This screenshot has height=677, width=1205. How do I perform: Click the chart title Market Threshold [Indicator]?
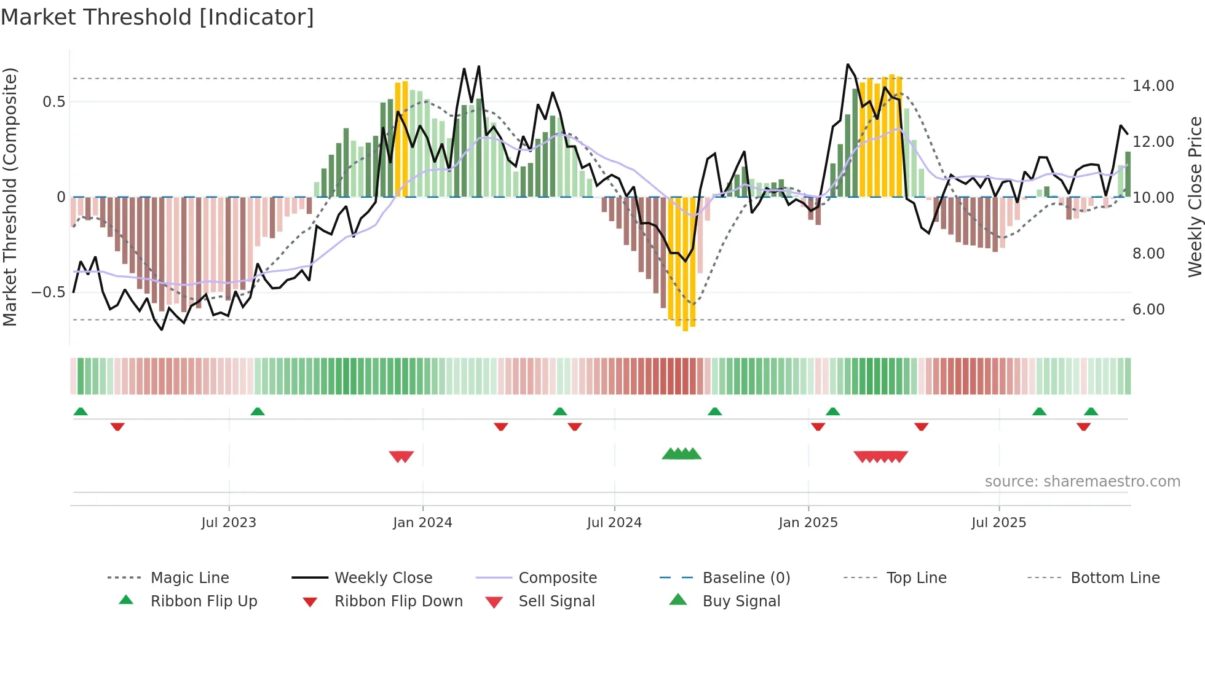157,17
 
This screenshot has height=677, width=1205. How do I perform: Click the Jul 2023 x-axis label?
229,523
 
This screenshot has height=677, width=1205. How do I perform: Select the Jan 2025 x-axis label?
808,523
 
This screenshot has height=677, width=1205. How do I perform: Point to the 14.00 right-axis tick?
1153,86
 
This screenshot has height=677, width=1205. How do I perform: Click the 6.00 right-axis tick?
1148,310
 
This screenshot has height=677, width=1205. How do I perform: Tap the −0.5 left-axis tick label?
49,292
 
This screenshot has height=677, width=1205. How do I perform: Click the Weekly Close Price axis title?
1195,197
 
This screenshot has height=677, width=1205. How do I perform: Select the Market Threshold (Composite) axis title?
10,197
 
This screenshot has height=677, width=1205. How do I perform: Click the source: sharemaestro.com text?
1082,482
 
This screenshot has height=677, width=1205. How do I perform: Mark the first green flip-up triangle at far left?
81,412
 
